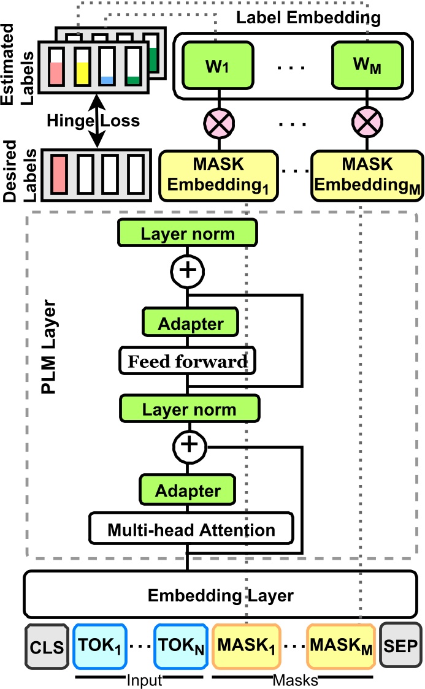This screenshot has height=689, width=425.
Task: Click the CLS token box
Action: [x=47, y=646]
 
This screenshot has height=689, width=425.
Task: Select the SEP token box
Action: [x=401, y=646]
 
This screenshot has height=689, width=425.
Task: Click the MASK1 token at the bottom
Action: [x=247, y=646]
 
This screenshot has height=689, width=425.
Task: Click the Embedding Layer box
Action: [x=221, y=595]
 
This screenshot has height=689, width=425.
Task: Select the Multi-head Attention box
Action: [x=191, y=529]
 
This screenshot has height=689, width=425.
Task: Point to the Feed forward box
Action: [x=188, y=362]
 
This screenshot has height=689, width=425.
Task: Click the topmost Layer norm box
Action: [x=188, y=234]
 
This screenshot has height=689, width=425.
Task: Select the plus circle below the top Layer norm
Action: [x=188, y=270]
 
